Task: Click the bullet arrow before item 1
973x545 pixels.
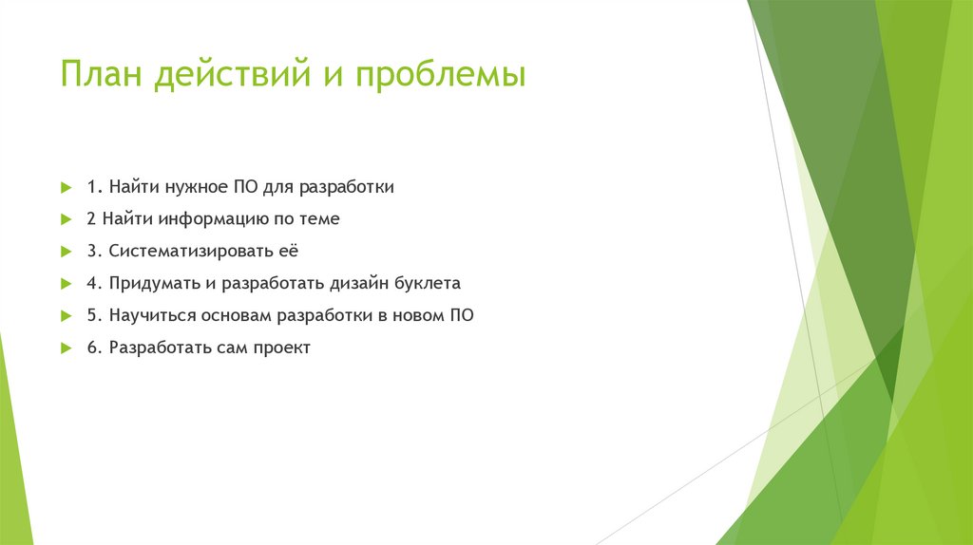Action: point(66,187)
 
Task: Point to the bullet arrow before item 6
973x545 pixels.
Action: point(66,348)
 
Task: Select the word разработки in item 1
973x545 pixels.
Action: point(349,187)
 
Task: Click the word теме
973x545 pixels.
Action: point(317,219)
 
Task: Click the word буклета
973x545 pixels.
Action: point(429,284)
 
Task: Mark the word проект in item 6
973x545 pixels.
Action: point(281,348)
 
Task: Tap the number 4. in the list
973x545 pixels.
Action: point(93,284)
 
